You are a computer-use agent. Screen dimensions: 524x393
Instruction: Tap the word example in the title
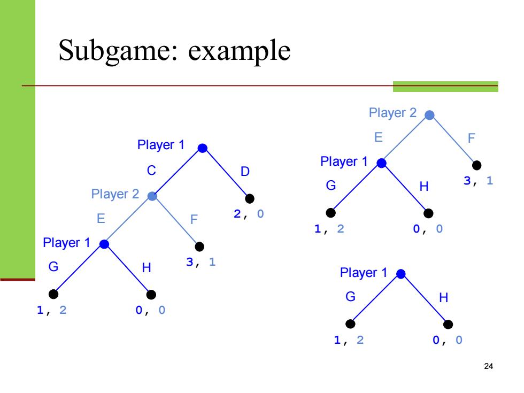240,51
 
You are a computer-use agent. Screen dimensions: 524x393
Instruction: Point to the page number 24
488,366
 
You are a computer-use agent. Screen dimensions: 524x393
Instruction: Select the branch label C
151,171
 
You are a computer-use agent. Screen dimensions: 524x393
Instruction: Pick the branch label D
245,172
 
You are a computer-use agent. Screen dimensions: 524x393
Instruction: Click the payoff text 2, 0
249,214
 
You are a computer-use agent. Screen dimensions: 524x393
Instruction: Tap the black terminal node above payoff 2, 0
250,198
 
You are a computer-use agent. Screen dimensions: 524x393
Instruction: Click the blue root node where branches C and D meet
203,148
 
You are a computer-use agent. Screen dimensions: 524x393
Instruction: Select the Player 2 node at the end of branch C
152,196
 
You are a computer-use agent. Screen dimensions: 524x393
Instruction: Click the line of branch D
226,173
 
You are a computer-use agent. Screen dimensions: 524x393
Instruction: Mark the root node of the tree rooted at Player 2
429,115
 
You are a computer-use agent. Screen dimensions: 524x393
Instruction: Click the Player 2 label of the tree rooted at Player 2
392,113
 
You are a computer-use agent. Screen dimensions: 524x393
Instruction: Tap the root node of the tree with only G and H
401,274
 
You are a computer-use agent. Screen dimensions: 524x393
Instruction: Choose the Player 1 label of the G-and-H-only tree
364,273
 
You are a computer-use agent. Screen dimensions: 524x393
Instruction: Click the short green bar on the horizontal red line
445,87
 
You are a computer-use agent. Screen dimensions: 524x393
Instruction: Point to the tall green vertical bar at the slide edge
17,139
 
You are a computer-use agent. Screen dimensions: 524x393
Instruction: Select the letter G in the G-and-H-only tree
350,296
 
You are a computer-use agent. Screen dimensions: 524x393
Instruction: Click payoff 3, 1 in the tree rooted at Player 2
478,181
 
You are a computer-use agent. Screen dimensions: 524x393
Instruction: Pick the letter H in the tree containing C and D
147,268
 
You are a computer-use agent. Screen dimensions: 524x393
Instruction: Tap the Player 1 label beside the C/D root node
161,145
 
